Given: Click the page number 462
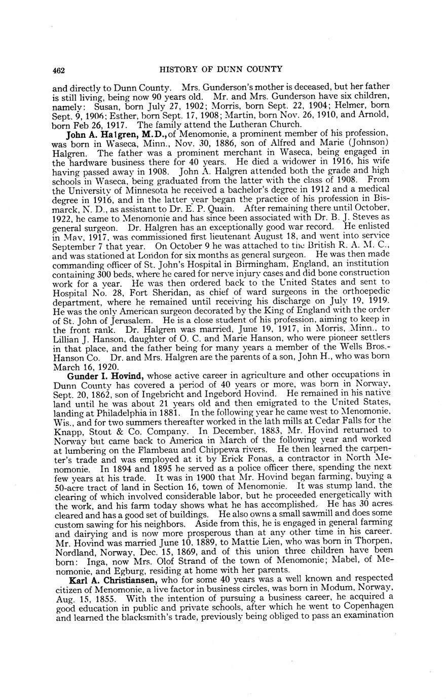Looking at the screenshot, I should coord(60,69).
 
